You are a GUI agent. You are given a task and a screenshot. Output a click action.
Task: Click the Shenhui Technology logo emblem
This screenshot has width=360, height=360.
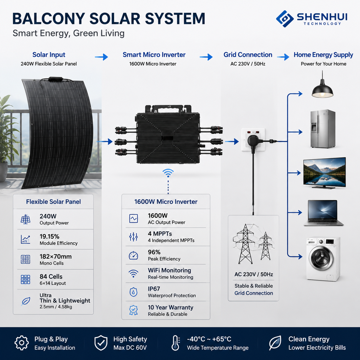click(x=285, y=19)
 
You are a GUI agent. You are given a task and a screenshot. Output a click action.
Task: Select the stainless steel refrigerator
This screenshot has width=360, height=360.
click(x=322, y=129)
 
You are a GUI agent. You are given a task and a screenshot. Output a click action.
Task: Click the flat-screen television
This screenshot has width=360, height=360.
click(x=324, y=173)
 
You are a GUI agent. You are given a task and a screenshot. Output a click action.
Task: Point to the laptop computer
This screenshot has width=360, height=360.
click(x=323, y=213)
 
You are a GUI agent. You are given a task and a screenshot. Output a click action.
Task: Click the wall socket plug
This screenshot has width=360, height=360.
click(x=253, y=141)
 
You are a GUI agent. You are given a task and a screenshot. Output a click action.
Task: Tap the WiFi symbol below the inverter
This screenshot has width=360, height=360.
click(x=168, y=173)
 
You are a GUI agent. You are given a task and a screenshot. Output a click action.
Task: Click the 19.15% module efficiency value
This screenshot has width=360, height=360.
click(x=49, y=237)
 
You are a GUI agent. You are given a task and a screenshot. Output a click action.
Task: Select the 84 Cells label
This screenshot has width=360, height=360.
click(x=51, y=276)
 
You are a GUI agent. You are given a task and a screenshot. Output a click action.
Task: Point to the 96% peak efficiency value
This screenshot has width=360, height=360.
click(x=154, y=252)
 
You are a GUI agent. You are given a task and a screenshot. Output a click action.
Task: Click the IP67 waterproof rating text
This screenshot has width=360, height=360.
click(x=154, y=289)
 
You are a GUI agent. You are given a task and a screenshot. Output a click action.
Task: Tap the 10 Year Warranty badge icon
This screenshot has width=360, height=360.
click(x=133, y=310)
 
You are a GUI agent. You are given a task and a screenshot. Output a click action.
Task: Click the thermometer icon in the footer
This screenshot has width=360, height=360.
click(x=175, y=343)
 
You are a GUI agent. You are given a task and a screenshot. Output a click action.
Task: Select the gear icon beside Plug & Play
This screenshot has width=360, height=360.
click(x=22, y=343)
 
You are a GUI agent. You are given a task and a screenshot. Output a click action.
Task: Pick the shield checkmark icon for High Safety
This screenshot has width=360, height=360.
click(x=101, y=343)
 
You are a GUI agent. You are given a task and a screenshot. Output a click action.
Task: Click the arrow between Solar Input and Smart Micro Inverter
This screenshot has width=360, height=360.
click(x=102, y=57)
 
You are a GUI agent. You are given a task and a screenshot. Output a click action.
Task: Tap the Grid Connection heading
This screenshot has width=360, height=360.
click(x=248, y=55)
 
